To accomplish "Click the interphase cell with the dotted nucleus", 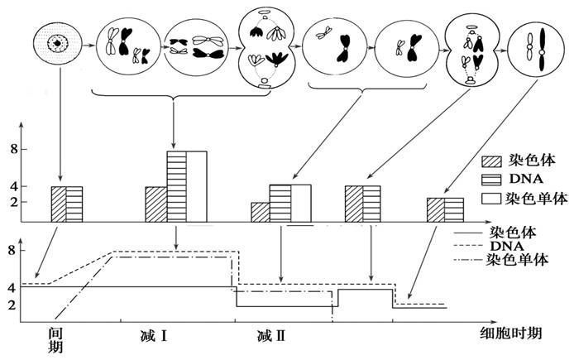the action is coord(57,44).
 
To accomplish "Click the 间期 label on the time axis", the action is coord(55,340).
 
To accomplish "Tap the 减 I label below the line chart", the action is coord(153,335).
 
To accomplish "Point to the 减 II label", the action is coord(271,335).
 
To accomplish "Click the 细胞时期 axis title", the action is coord(510,333).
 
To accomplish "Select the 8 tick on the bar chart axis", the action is coord(14,150).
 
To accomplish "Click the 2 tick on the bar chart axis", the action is coord(14,202).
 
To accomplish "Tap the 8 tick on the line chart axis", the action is coord(12,251).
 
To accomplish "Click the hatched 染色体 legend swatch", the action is coord(491,161).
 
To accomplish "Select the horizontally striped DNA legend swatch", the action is coord(491,180).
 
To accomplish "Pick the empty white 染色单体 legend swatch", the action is coord(491,198).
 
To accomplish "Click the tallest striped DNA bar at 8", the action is coord(177,186).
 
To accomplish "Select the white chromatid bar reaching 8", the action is coord(197,186).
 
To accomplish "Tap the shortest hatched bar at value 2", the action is coord(261,213).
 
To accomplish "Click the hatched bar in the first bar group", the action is coord(59,204).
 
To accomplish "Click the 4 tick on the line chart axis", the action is coord(12,288).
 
